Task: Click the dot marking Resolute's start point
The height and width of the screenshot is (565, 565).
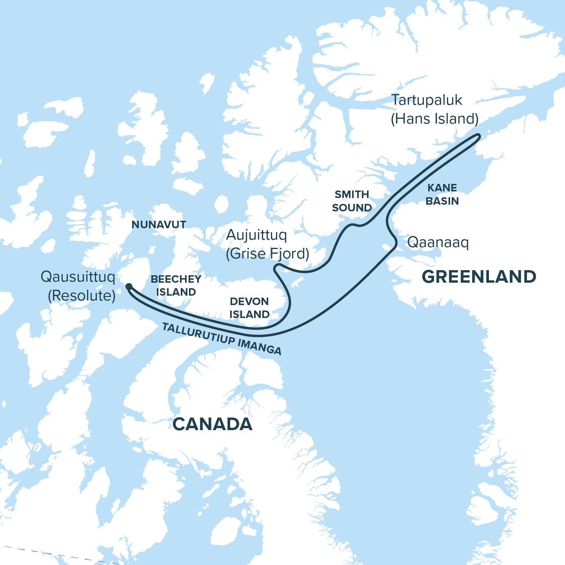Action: [x=129, y=286]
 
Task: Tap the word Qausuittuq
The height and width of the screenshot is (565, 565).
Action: [x=78, y=277]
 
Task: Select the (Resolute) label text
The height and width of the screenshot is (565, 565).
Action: [x=82, y=296]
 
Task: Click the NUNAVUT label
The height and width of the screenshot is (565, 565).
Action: [x=159, y=225]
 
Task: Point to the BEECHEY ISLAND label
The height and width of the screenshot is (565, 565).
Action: [x=176, y=285]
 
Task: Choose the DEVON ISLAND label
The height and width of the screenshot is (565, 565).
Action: [x=249, y=308]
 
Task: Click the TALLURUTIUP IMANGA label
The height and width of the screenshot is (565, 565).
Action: [x=222, y=338]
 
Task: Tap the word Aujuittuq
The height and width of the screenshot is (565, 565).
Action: [x=256, y=235]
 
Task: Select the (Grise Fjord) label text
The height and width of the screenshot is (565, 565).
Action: [x=267, y=254]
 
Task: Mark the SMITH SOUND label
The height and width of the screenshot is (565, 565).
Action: [x=352, y=201]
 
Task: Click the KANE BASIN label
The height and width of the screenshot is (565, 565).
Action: [x=442, y=194]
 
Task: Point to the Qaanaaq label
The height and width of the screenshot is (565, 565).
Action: [x=438, y=242]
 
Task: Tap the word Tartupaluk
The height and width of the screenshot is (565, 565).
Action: [x=427, y=100]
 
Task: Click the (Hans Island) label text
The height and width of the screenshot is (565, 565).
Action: [x=434, y=119]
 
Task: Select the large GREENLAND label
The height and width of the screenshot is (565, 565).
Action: [x=479, y=277]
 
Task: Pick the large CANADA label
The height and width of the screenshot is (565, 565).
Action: [x=212, y=424]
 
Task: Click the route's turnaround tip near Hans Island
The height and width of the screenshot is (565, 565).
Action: [x=478, y=136]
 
